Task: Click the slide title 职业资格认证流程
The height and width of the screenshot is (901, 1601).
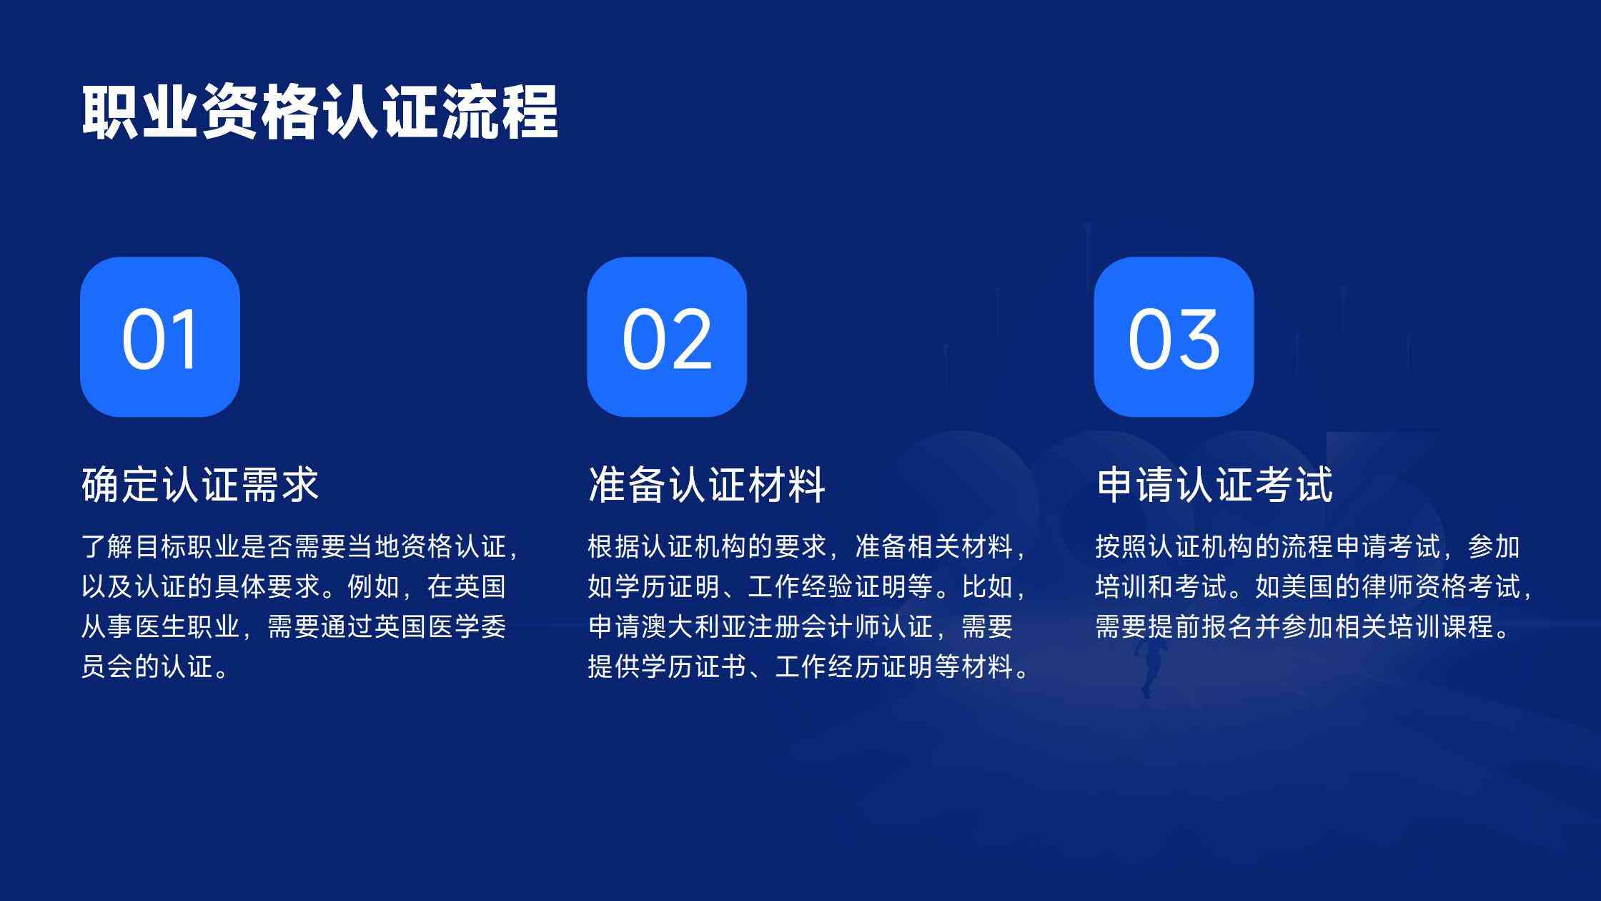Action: click(x=319, y=112)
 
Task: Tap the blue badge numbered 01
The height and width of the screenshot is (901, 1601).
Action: click(x=160, y=337)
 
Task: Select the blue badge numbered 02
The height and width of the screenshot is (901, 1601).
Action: click(x=667, y=337)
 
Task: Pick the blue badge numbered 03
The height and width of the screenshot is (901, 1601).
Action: click(x=1174, y=337)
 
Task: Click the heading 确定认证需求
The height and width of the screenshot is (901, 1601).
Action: click(x=200, y=484)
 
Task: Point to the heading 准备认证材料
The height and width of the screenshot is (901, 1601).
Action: click(x=707, y=484)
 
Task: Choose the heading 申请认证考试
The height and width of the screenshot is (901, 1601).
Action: click(x=1214, y=484)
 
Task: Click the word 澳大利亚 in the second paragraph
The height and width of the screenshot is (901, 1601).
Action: click(x=695, y=627)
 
